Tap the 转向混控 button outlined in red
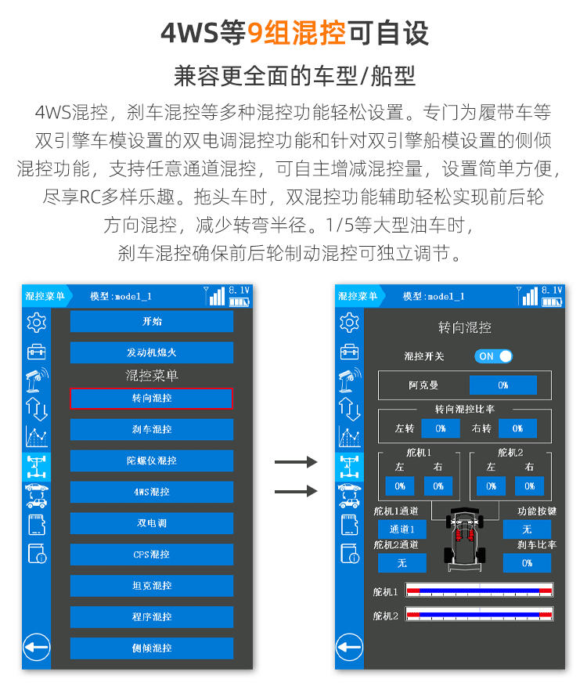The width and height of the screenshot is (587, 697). (152, 399)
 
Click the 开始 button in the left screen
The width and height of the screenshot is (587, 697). (152, 321)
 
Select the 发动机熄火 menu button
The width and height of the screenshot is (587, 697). (152, 352)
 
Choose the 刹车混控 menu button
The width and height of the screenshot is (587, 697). (152, 430)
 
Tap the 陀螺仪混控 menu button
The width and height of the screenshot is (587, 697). (152, 460)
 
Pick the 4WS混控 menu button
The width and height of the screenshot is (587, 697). (152, 492)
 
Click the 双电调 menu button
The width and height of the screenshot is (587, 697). (152, 523)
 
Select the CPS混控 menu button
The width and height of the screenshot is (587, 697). (152, 554)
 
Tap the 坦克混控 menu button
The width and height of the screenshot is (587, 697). (152, 586)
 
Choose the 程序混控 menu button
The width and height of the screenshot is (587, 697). (152, 617)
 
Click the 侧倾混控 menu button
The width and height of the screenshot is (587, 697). (152, 648)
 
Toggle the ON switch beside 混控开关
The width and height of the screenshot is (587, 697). (494, 356)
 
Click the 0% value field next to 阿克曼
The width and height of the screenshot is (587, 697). (502, 385)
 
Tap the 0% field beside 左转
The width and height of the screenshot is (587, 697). (441, 428)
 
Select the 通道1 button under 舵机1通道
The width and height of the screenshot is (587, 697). (402, 529)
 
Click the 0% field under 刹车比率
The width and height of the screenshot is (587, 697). (527, 563)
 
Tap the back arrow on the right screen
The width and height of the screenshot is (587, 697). (349, 647)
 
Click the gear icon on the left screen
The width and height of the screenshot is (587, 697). (37, 322)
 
